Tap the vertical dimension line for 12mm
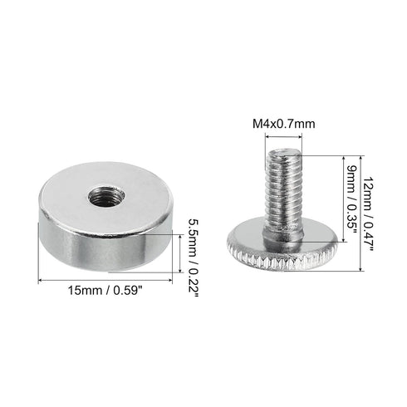pyautogui.click(x=360, y=212)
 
